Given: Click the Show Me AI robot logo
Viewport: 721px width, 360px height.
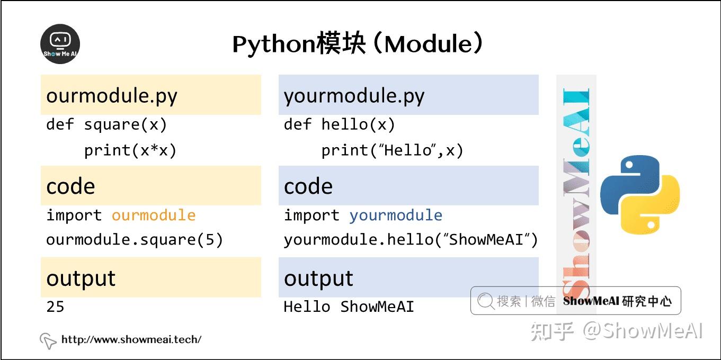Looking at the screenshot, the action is click(x=60, y=44).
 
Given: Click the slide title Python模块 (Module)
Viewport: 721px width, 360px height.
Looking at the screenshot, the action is click(x=358, y=44).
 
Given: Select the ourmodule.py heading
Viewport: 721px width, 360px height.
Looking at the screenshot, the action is click(x=112, y=96).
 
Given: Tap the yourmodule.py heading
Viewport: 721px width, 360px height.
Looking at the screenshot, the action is click(x=354, y=96).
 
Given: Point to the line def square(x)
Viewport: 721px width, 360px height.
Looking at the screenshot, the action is click(x=106, y=125).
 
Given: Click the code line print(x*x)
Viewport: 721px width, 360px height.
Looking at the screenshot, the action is click(x=130, y=151).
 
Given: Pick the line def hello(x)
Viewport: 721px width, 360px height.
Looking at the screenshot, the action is click(x=339, y=125).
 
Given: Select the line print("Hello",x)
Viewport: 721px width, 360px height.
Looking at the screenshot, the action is click(x=392, y=151).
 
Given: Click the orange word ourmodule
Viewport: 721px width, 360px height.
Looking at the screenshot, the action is click(x=154, y=215).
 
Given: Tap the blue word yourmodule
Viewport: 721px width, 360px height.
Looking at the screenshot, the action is click(x=396, y=215).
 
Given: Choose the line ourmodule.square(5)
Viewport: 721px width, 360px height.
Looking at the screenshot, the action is click(x=135, y=240).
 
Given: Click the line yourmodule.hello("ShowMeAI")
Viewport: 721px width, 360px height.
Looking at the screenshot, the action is click(x=411, y=240).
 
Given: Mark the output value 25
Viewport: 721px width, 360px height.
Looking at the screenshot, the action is click(x=55, y=307).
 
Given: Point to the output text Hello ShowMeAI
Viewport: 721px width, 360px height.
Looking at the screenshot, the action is click(x=349, y=307).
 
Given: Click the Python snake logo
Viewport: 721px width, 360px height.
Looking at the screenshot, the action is click(x=639, y=194).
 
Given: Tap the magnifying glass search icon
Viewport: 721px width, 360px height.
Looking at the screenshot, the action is click(x=485, y=301).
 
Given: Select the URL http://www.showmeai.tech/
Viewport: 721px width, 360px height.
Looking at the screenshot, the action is click(x=131, y=339).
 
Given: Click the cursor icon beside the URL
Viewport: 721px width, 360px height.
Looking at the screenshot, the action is click(x=48, y=340).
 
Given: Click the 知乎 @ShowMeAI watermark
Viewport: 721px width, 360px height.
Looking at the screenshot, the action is click(x=617, y=331).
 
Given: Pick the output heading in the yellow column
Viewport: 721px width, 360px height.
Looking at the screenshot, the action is click(x=81, y=278).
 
